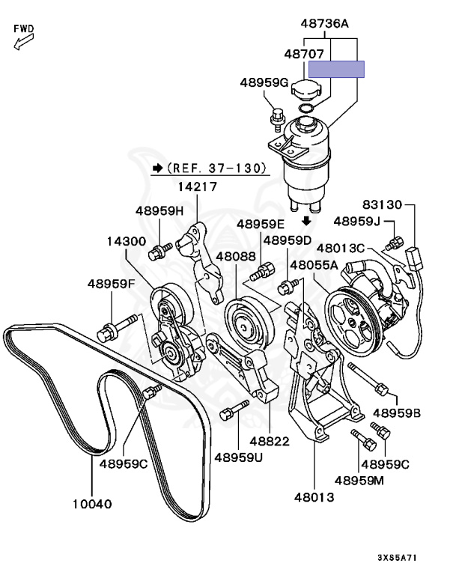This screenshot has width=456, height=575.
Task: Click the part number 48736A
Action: click(325, 24)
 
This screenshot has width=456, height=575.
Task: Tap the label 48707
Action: click(303, 55)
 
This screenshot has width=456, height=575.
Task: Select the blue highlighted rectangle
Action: click(336, 69)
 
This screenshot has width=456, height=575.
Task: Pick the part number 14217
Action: click(198, 187)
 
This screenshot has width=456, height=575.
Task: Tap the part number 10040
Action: click(91, 504)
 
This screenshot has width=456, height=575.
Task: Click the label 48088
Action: click(236, 256)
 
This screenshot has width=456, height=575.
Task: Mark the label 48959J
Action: click(357, 221)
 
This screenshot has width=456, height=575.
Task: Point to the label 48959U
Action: click(238, 456)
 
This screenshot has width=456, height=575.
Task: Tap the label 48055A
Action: click(314, 264)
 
